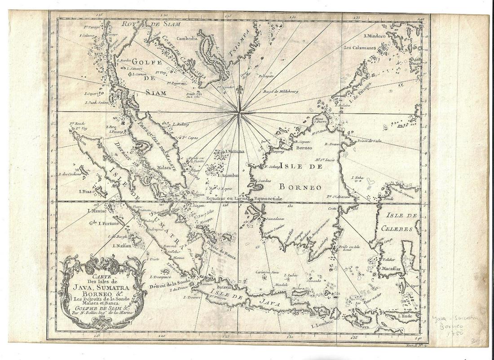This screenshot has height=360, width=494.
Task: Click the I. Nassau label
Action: [x=123, y=246]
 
